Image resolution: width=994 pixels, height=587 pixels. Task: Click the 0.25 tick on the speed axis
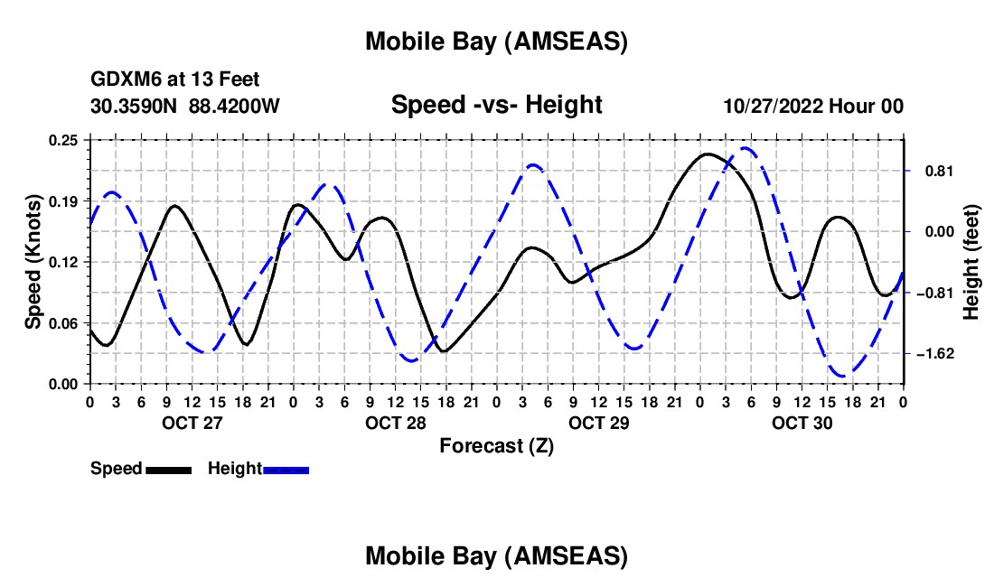(64, 140)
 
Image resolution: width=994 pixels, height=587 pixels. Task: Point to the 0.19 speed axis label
(64, 200)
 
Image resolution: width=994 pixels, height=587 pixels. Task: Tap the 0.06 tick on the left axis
(64, 322)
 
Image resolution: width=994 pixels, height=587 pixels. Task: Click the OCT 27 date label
(192, 423)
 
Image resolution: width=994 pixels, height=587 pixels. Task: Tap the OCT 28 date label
(395, 423)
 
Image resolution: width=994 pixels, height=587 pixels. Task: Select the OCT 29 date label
(598, 423)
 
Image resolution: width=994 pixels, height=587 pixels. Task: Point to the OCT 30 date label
(802, 423)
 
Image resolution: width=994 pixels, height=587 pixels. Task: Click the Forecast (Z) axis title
(496, 445)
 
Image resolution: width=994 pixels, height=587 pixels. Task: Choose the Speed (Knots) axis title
(33, 262)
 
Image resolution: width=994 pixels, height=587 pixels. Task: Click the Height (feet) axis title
(972, 262)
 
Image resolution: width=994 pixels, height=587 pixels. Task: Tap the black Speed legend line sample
(168, 469)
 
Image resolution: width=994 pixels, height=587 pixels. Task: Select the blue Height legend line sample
(286, 469)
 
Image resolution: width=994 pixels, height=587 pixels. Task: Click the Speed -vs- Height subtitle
(496, 105)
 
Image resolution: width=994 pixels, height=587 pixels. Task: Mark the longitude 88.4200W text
(235, 106)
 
